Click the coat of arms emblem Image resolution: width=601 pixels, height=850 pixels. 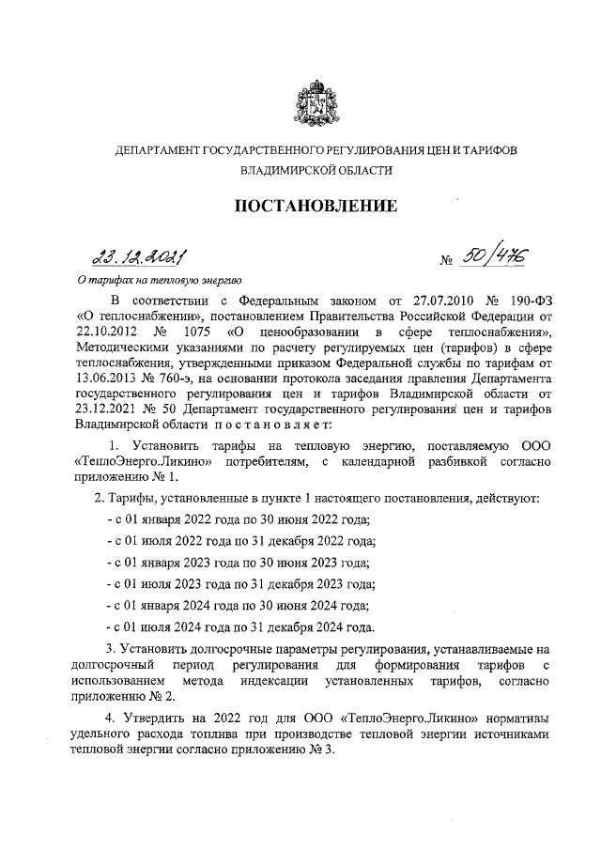(x=315, y=104)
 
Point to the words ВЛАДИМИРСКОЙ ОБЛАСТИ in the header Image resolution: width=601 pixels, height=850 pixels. (x=315, y=171)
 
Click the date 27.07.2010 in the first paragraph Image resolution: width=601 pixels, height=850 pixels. (x=425, y=299)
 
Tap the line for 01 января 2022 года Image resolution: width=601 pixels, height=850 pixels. (x=239, y=519)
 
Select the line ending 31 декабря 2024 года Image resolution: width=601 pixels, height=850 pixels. (x=241, y=627)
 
